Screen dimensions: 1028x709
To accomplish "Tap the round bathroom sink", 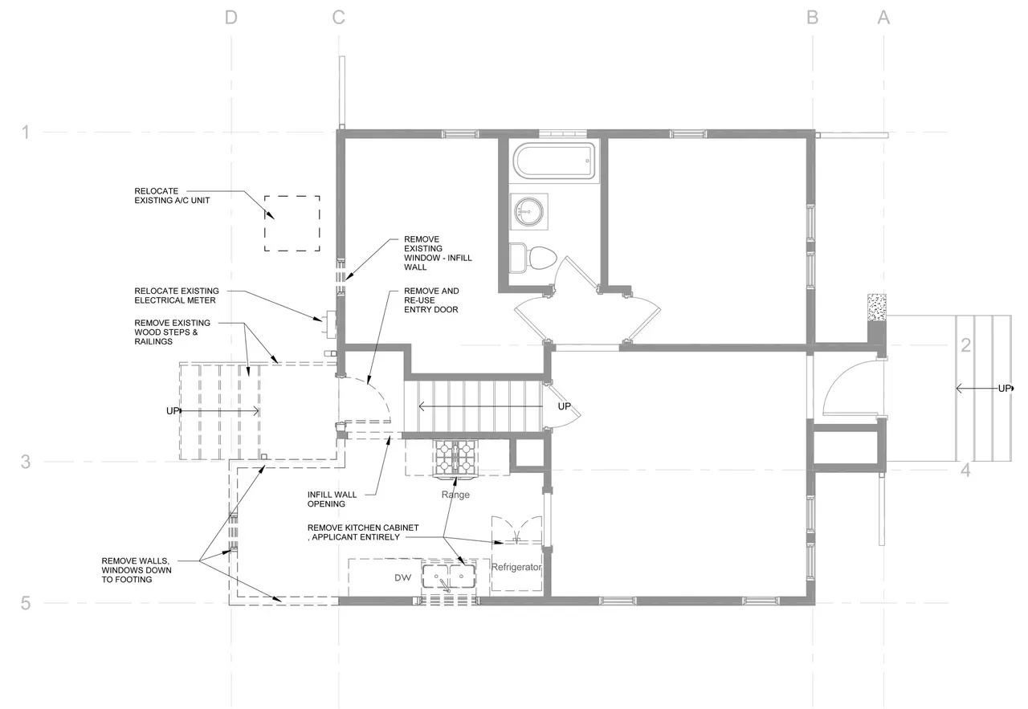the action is (528, 211).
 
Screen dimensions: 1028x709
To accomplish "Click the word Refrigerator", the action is (516, 567).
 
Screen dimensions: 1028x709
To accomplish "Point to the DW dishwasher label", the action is (403, 578).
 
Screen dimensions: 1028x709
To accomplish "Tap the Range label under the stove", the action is (455, 495).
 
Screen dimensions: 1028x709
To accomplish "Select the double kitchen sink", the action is (449, 577).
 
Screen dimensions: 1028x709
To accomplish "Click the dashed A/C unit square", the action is (292, 223).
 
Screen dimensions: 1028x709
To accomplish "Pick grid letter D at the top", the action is (231, 18).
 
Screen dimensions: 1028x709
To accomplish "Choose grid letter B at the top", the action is (812, 18).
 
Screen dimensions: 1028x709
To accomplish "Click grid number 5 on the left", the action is (26, 603).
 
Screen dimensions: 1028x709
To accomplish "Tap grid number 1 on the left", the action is (26, 132).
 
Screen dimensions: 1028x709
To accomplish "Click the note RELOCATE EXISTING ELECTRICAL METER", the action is (177, 295).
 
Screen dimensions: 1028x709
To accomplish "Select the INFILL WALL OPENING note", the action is (332, 499).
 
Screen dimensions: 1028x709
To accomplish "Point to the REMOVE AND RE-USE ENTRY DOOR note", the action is (431, 300).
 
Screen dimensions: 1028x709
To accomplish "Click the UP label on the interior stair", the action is (564, 406).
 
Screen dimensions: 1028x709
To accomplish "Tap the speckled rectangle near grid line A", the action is (876, 308).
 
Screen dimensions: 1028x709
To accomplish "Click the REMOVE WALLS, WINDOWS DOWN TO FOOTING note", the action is (137, 570).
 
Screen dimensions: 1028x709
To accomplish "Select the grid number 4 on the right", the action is (965, 471).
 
